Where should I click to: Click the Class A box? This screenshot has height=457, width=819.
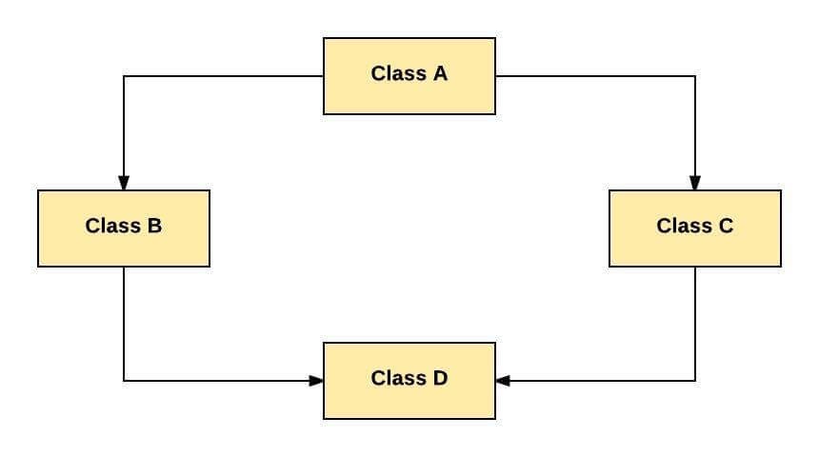(x=409, y=76)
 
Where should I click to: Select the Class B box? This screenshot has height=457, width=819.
(x=124, y=228)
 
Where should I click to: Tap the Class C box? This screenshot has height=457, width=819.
(x=695, y=228)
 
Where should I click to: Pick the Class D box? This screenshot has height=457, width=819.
(x=409, y=381)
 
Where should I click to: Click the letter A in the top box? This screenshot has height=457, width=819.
(x=440, y=73)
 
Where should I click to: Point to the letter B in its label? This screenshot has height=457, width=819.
(x=154, y=226)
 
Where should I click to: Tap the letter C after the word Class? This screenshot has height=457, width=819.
(x=726, y=226)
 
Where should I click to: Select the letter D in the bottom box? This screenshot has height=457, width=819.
(x=440, y=378)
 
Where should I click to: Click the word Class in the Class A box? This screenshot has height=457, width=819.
(x=398, y=73)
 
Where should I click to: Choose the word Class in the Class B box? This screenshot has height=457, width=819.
(x=112, y=226)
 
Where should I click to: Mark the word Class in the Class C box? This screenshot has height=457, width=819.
(x=684, y=226)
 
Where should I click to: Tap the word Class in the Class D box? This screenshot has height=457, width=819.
(x=398, y=378)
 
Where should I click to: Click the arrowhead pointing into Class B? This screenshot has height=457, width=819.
(x=124, y=183)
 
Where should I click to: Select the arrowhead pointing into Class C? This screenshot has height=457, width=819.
(x=695, y=183)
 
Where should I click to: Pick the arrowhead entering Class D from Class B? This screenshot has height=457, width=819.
(x=316, y=381)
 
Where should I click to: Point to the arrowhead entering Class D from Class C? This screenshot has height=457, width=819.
(x=503, y=381)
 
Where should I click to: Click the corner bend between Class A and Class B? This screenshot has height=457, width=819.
(x=124, y=76)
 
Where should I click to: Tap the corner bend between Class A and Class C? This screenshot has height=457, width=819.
(x=695, y=76)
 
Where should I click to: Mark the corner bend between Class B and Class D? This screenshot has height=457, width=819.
(x=124, y=381)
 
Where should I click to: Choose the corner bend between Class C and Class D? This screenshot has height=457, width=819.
(x=695, y=381)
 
